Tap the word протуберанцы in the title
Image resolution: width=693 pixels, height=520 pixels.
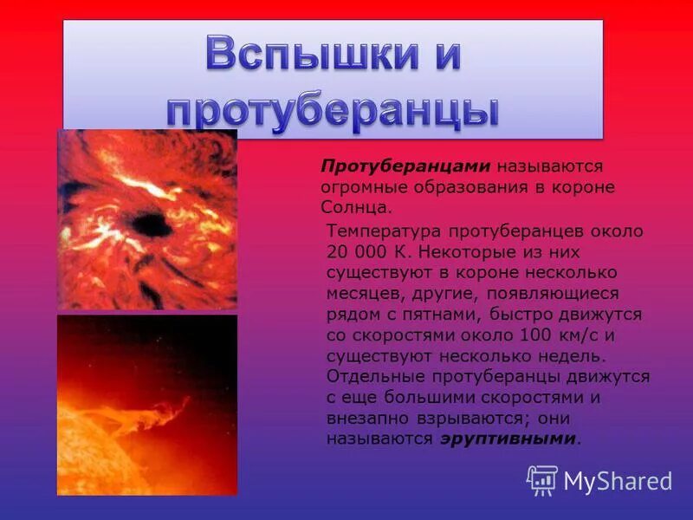coord(333,111)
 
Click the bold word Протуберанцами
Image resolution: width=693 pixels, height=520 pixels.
coord(406,166)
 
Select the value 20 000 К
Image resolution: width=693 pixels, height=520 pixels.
coord(366,252)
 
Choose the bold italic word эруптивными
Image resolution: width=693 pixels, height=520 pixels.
coord(507,439)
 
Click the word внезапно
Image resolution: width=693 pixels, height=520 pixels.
coord(365,418)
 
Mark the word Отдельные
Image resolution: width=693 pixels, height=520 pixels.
coord(374,376)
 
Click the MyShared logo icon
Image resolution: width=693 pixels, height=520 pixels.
coord(542,479)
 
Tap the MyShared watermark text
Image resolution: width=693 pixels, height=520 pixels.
coord(618,481)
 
